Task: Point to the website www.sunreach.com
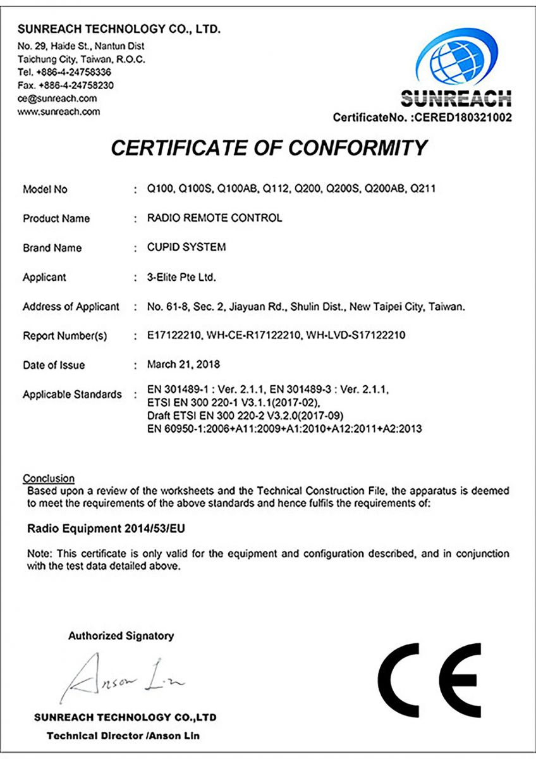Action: click(x=59, y=112)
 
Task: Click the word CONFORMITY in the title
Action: click(x=358, y=148)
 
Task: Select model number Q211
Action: click(x=423, y=189)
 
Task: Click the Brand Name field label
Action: click(x=52, y=248)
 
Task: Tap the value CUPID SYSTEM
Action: click(x=186, y=247)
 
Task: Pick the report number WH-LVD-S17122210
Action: click(x=356, y=335)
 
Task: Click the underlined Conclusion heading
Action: click(x=49, y=479)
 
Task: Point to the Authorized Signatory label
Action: click(x=121, y=636)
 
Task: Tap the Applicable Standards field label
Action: click(x=72, y=394)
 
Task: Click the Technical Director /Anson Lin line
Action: click(x=124, y=736)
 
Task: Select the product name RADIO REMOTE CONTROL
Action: click(x=215, y=218)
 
